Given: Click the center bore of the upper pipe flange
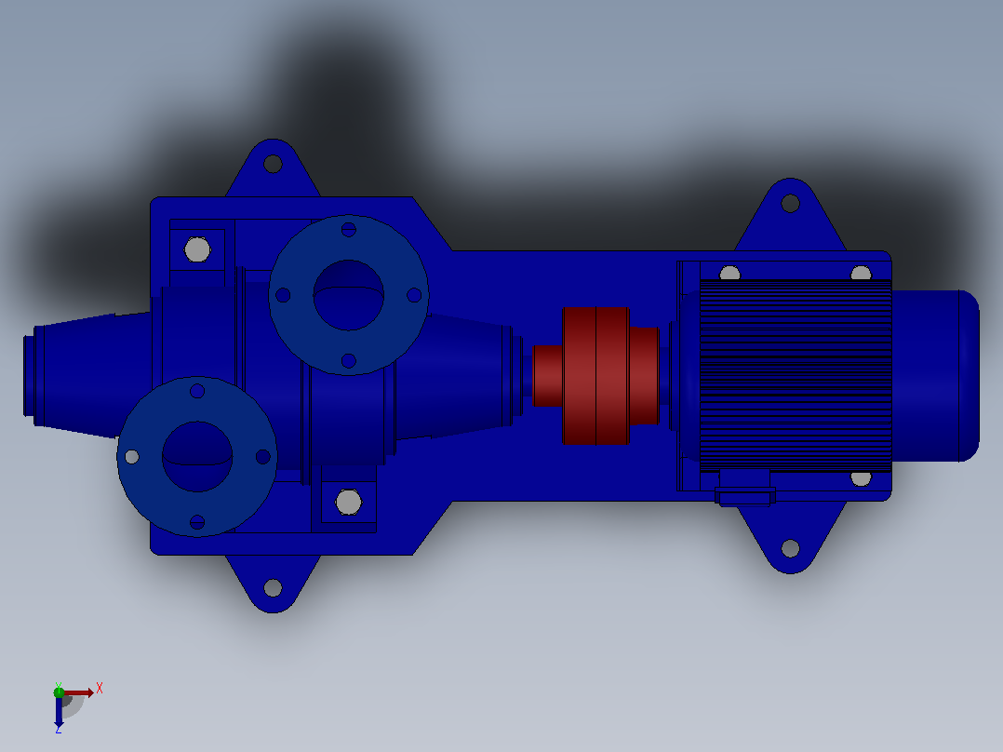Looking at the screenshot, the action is [349, 295].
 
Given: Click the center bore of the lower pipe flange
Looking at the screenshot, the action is [197, 456].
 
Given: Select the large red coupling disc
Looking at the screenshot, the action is [596, 376].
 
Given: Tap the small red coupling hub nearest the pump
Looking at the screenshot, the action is [547, 376].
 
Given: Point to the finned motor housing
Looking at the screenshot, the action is [796, 376].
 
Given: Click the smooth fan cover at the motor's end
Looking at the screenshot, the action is [935, 376].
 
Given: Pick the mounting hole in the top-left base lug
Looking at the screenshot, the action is [274, 164].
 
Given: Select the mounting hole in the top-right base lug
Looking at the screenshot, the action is [791, 204].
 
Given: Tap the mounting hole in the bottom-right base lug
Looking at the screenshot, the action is [791, 548].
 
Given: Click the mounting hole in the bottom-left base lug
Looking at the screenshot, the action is [274, 587].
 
